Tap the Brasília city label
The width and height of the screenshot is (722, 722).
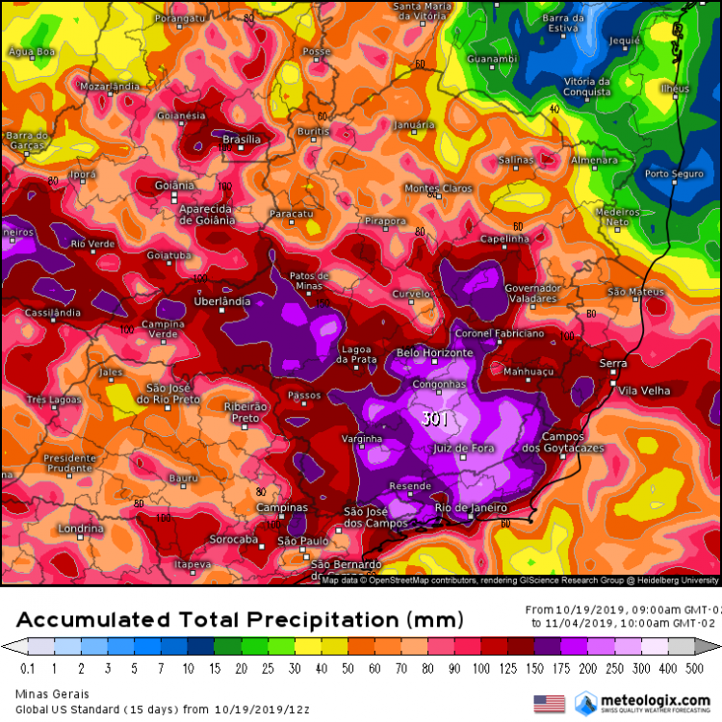[x=242, y=140]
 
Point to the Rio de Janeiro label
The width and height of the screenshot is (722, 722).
[x=471, y=507]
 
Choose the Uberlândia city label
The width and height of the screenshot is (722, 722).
[x=221, y=301]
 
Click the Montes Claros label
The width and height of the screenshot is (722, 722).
[x=439, y=188]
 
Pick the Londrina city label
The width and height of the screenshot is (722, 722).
[x=80, y=529]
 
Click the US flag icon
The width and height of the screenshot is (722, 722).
[x=549, y=703]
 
